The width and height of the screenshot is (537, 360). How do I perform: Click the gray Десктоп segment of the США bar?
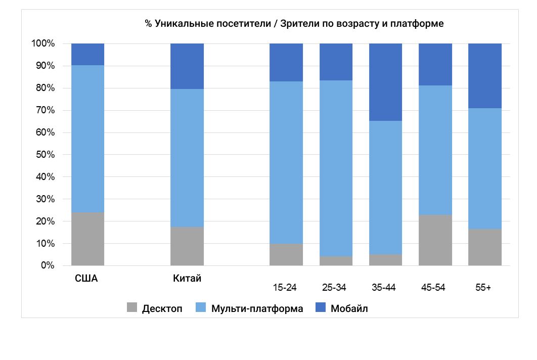pos(87,239)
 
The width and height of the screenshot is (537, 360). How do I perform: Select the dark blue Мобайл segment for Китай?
pos(187,66)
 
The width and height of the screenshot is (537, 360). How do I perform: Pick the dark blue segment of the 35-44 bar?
pos(385,82)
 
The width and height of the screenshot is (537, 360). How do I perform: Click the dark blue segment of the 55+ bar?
pos(484,76)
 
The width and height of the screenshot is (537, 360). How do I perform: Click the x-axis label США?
pos(86,278)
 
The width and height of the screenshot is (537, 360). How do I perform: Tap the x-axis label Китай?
pos(187,278)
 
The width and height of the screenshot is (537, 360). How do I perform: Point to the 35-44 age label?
pos(384,288)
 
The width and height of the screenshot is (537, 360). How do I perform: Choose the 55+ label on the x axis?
pos(483,288)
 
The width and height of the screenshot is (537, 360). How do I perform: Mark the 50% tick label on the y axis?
pos(44,155)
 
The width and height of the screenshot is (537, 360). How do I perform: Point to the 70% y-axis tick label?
pos(44,110)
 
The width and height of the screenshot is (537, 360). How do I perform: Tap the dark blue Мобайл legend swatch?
pos(321,308)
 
